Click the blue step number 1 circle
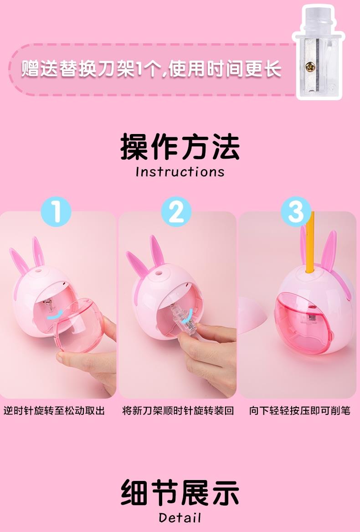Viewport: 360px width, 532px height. [56, 212]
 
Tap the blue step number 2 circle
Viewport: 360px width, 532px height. [176, 212]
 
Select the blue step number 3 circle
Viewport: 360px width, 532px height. [296, 212]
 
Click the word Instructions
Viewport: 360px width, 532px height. [180, 172]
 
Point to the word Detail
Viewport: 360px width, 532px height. [180, 518]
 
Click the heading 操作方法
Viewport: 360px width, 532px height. [180, 147]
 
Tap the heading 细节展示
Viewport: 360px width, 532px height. [180, 492]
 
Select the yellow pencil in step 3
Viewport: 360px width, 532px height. [309, 242]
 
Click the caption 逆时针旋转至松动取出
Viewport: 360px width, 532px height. [54, 411]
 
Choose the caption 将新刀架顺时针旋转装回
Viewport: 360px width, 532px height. [178, 411]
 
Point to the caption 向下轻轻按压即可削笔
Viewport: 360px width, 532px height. [299, 411]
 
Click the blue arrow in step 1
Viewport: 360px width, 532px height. [55, 315]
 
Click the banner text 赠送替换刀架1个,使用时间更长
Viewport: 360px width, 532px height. [151, 69]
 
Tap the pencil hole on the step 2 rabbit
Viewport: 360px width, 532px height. [159, 273]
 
